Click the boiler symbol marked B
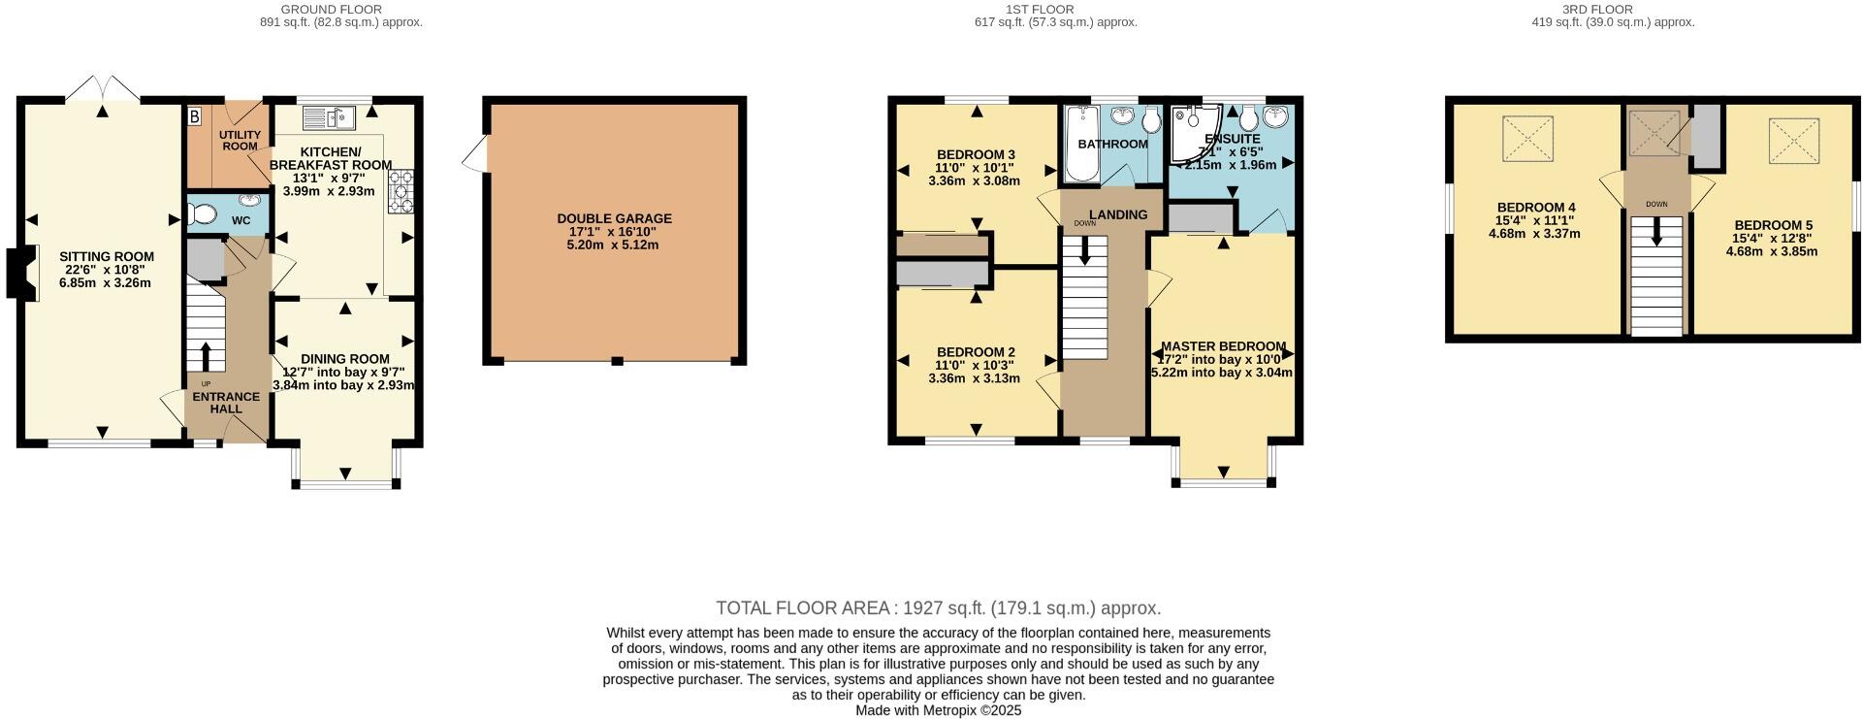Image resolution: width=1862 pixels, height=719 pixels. (x=194, y=117)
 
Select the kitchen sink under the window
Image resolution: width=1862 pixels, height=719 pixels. (x=329, y=118)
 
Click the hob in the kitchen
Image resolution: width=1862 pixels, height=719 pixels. (x=400, y=191)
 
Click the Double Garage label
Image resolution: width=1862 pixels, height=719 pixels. (x=614, y=218)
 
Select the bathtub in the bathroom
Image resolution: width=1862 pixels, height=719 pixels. (x=1079, y=146)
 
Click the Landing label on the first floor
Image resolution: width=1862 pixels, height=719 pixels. (x=1117, y=214)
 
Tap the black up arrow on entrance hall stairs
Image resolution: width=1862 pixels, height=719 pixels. (x=205, y=355)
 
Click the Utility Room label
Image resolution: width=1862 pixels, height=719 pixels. (x=239, y=140)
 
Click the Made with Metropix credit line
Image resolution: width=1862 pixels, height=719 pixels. (x=938, y=710)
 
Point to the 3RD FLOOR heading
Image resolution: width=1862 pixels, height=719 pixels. (x=1611, y=10)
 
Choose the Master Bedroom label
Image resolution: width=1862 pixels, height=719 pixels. (x=1223, y=346)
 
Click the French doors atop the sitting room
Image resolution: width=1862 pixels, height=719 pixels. (x=103, y=88)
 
